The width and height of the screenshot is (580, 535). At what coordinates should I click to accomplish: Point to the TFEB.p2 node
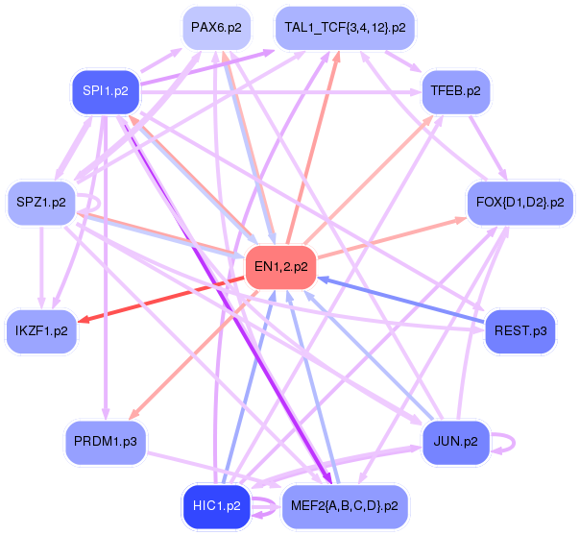456,92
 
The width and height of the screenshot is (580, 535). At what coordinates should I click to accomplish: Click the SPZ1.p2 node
41,202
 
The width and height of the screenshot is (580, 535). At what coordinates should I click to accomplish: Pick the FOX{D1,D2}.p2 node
520,203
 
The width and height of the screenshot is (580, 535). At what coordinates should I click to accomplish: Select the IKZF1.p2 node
41,331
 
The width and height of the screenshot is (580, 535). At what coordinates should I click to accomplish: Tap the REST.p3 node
520,331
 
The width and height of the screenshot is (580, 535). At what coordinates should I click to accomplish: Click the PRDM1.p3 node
105,442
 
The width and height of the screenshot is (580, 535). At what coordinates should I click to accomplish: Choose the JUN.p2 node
456,442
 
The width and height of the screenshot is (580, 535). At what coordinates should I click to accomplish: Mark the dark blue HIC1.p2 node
216,504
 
